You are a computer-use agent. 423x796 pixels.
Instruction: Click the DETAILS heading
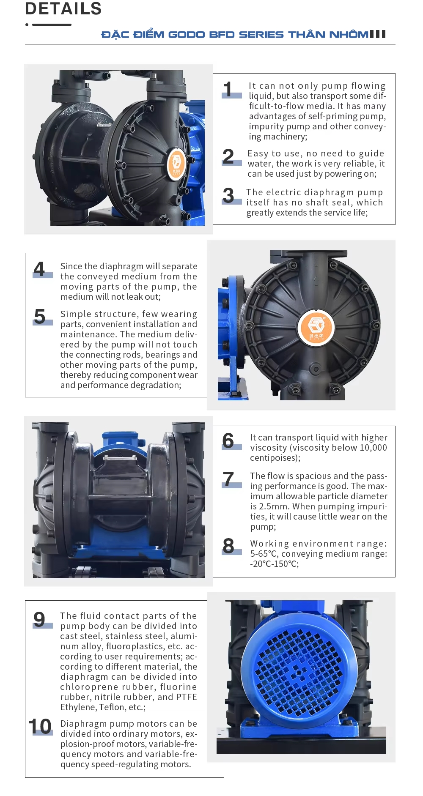pos(63,8)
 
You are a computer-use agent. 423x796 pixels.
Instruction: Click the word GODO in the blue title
pos(187,34)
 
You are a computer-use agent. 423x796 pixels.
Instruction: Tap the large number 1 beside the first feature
pos(228,89)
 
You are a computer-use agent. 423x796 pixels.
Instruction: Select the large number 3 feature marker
pos(228,195)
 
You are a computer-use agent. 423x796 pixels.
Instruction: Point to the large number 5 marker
pos(40,316)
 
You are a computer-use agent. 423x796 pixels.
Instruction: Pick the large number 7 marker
pos(228,479)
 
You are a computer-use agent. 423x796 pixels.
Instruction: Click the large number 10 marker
pos(40,726)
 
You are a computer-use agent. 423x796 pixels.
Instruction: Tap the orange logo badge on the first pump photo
pos(177,164)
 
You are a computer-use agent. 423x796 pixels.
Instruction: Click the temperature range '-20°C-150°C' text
pos(275,564)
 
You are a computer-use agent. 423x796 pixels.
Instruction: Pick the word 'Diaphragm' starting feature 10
pos(83,724)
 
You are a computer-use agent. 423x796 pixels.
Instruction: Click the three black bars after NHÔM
pos(378,34)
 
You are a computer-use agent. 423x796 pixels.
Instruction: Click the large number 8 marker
pos(228,546)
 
